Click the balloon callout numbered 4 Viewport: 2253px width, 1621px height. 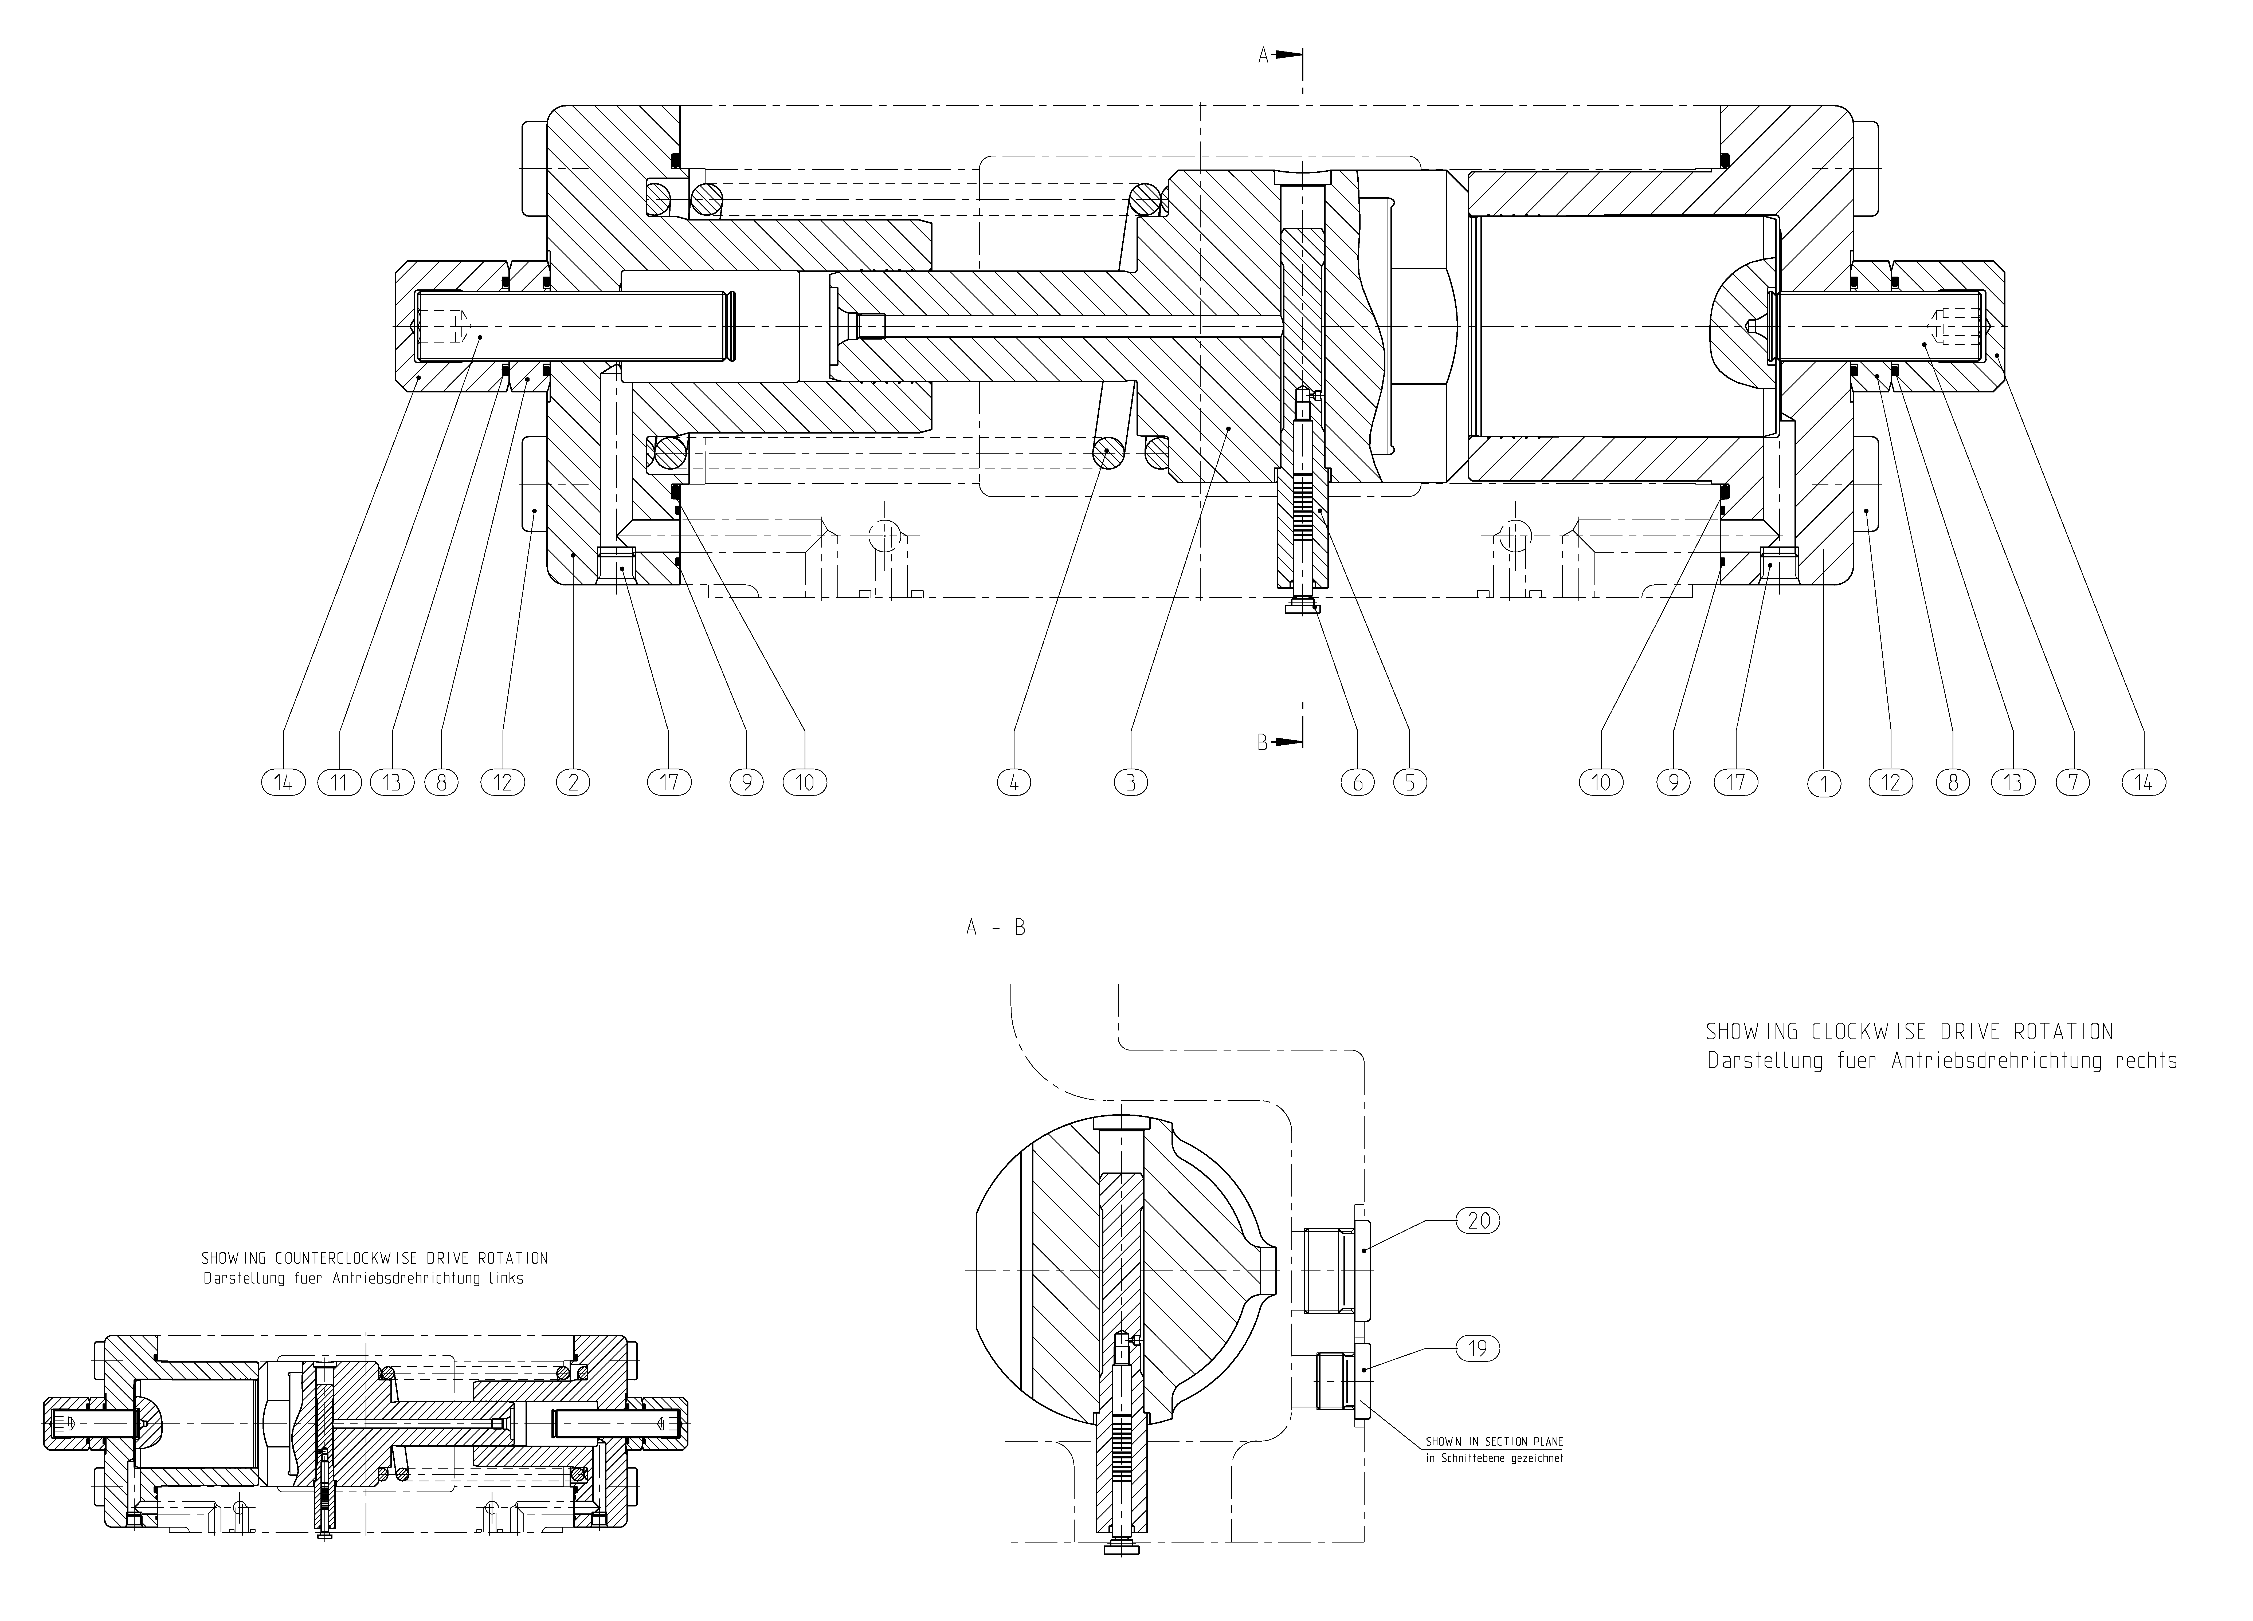click(1014, 783)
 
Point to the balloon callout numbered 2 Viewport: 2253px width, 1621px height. click(573, 783)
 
